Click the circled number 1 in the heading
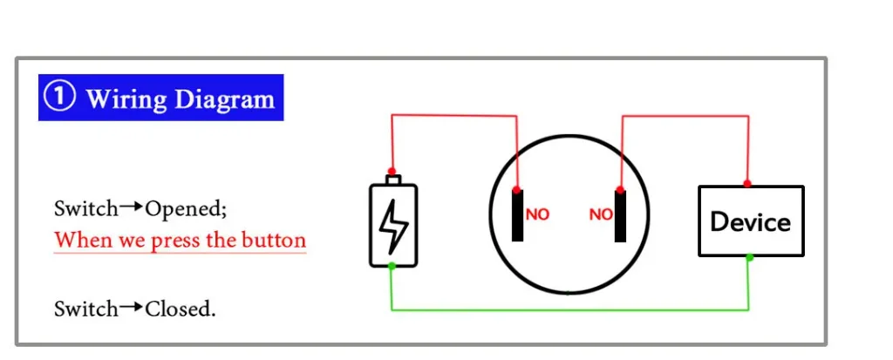click(59, 97)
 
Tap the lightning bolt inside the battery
click(392, 226)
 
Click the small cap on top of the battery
click(392, 180)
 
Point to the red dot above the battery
click(392, 171)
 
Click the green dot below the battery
click(392, 266)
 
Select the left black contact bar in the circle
click(517, 214)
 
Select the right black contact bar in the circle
click(620, 214)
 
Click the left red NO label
click(537, 214)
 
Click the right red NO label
click(601, 214)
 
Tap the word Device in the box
click(750, 221)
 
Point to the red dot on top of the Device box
click(747, 184)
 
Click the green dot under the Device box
click(749, 257)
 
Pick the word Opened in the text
click(183, 209)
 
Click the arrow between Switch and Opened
click(132, 207)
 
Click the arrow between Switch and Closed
click(132, 307)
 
